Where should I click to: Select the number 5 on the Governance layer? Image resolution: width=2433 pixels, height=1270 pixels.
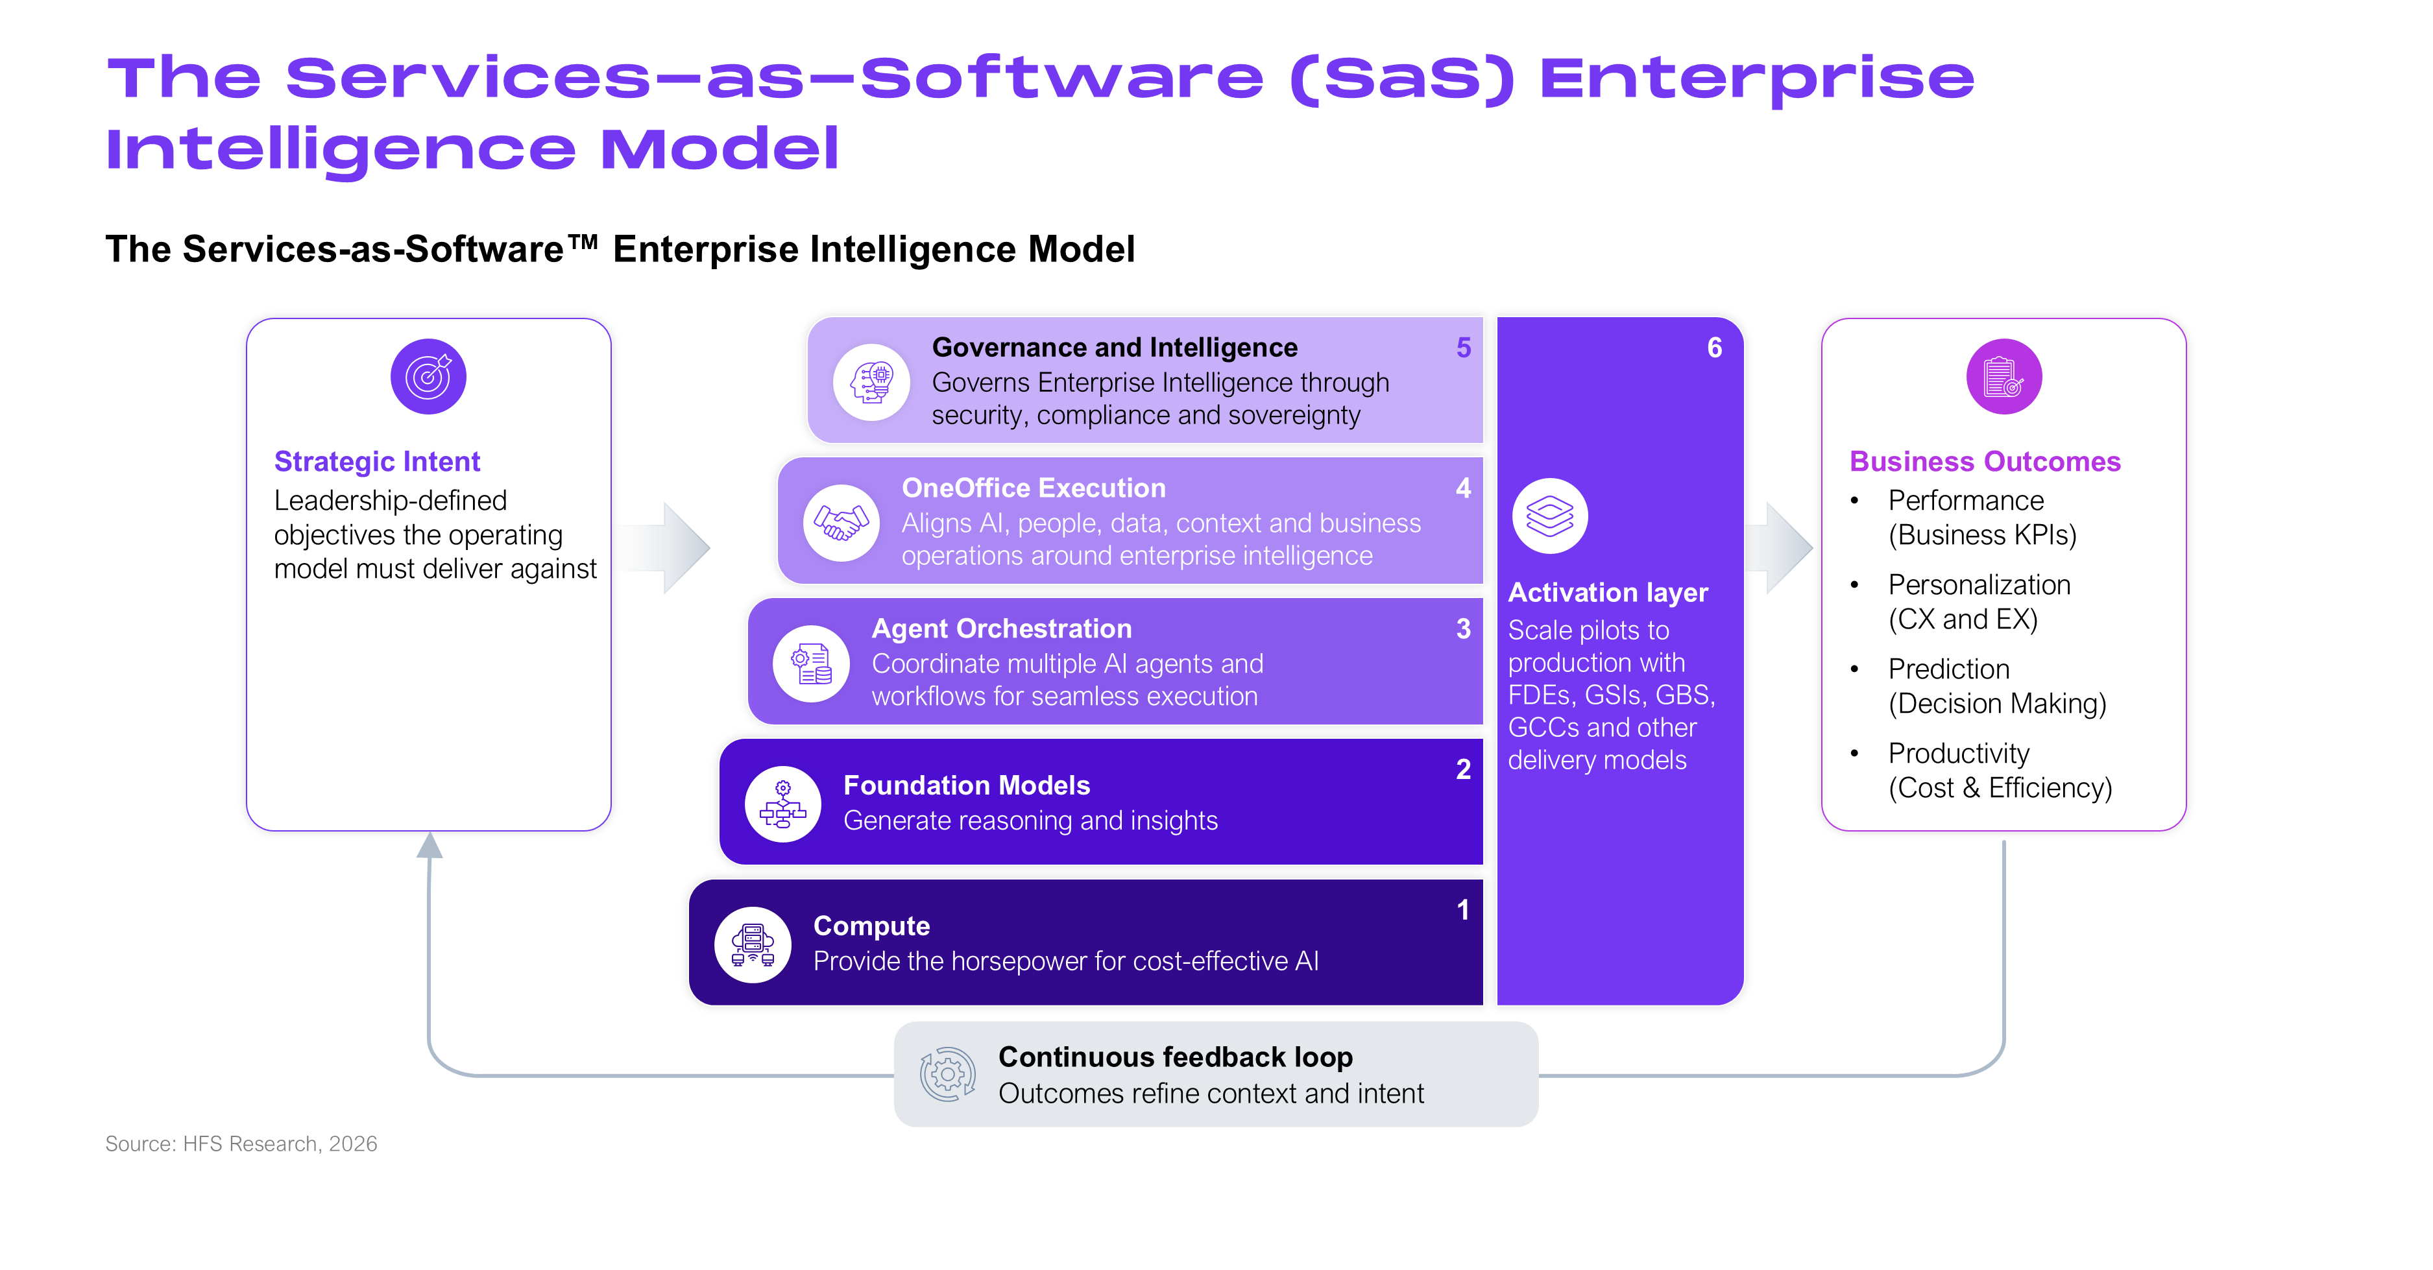1463,348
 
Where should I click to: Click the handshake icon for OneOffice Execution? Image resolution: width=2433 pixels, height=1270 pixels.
841,522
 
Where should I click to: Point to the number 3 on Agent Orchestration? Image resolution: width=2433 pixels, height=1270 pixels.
1463,629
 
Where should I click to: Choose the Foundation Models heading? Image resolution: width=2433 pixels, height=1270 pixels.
966,785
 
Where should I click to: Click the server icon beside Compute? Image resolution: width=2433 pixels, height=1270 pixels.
752,944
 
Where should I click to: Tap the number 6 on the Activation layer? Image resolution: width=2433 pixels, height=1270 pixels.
1714,348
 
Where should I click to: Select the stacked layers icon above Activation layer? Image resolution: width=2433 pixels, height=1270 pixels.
1550,516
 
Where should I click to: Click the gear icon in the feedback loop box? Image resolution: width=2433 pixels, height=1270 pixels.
947,1073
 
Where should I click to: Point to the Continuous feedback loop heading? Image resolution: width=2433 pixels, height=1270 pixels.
1175,1056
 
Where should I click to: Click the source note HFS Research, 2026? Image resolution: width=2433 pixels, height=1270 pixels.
241,1144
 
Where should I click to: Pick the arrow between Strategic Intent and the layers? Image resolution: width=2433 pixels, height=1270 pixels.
666,547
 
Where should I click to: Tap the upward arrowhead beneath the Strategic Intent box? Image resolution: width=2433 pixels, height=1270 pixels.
430,845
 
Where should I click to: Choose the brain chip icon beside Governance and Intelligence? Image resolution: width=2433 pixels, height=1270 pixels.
871,381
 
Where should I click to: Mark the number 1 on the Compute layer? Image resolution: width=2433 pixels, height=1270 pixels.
1463,909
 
